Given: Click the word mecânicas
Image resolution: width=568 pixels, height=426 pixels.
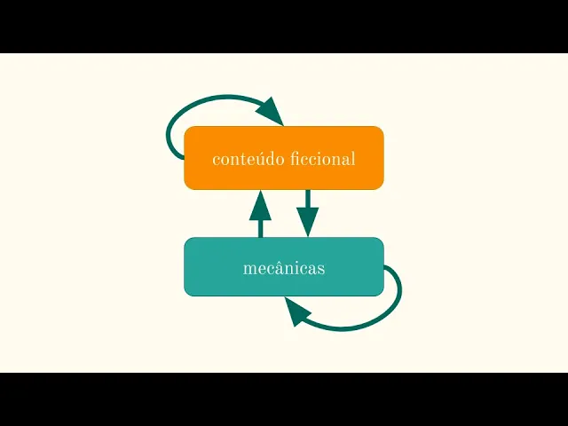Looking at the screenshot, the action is [x=284, y=268].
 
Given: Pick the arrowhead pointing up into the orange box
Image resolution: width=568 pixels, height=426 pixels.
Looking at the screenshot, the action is [x=260, y=205].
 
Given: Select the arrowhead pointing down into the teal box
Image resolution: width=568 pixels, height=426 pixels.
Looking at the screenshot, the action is [x=307, y=222].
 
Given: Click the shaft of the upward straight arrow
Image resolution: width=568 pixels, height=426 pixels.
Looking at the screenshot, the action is [x=260, y=227].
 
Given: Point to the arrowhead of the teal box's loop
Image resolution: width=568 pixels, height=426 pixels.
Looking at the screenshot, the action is [x=297, y=312].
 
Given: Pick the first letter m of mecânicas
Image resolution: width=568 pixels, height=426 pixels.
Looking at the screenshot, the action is [x=248, y=269].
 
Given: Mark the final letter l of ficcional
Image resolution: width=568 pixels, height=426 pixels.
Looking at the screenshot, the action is [x=353, y=159].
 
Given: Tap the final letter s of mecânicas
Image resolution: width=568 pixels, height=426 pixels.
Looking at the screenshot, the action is [x=321, y=269].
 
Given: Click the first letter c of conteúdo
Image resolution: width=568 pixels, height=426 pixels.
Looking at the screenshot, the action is [x=217, y=161].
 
